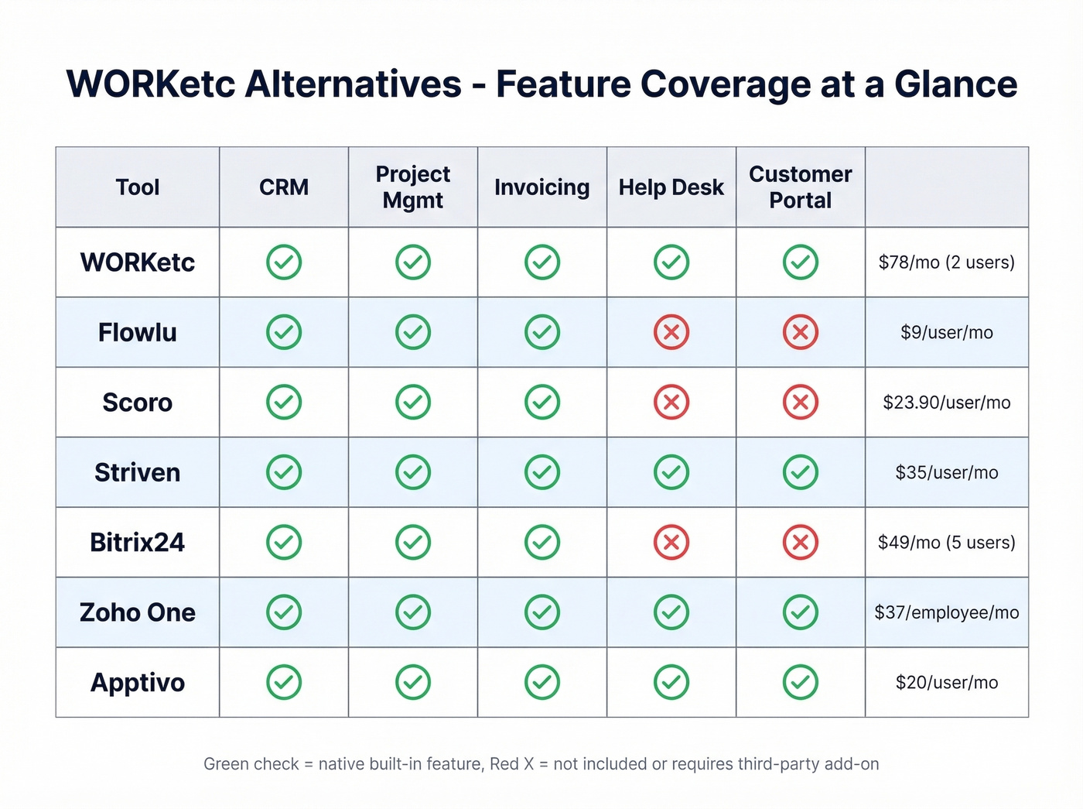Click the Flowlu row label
pyautogui.click(x=138, y=333)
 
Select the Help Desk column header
pyautogui.click(x=671, y=187)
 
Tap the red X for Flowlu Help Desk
pyautogui.click(x=671, y=333)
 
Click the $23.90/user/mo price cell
pyautogui.click(x=946, y=403)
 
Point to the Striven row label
pyautogui.click(x=138, y=472)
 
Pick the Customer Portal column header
pyautogui.click(x=800, y=187)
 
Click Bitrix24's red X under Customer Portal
pyautogui.click(x=801, y=543)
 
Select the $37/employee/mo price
pyautogui.click(x=946, y=612)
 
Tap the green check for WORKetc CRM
pyautogui.click(x=284, y=262)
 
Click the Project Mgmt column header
pyautogui.click(x=413, y=187)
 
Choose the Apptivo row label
pyautogui.click(x=138, y=683)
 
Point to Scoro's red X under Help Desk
pyautogui.click(x=671, y=403)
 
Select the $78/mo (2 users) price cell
pyautogui.click(x=946, y=262)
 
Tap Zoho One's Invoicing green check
pyautogui.click(x=542, y=612)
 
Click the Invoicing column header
pyautogui.click(x=541, y=187)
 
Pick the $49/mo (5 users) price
pyautogui.click(x=946, y=543)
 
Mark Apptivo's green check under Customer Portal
pyautogui.click(x=801, y=683)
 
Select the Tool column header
pyautogui.click(x=138, y=187)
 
